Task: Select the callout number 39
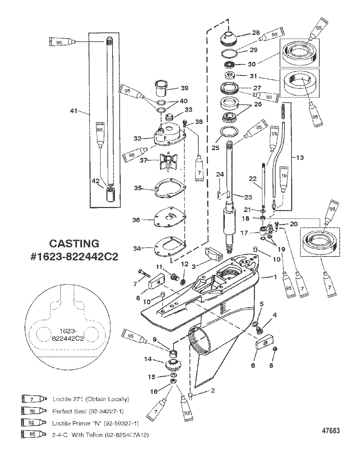click(x=184, y=88)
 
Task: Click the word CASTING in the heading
click(x=74, y=243)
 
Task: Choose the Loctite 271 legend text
click(x=91, y=399)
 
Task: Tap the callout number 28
click(x=256, y=33)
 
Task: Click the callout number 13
click(x=300, y=157)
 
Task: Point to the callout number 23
click(x=248, y=197)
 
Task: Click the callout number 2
click(x=213, y=391)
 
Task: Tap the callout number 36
click(x=136, y=220)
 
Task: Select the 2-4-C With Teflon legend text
click(x=100, y=435)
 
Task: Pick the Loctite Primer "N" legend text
click(x=95, y=423)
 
